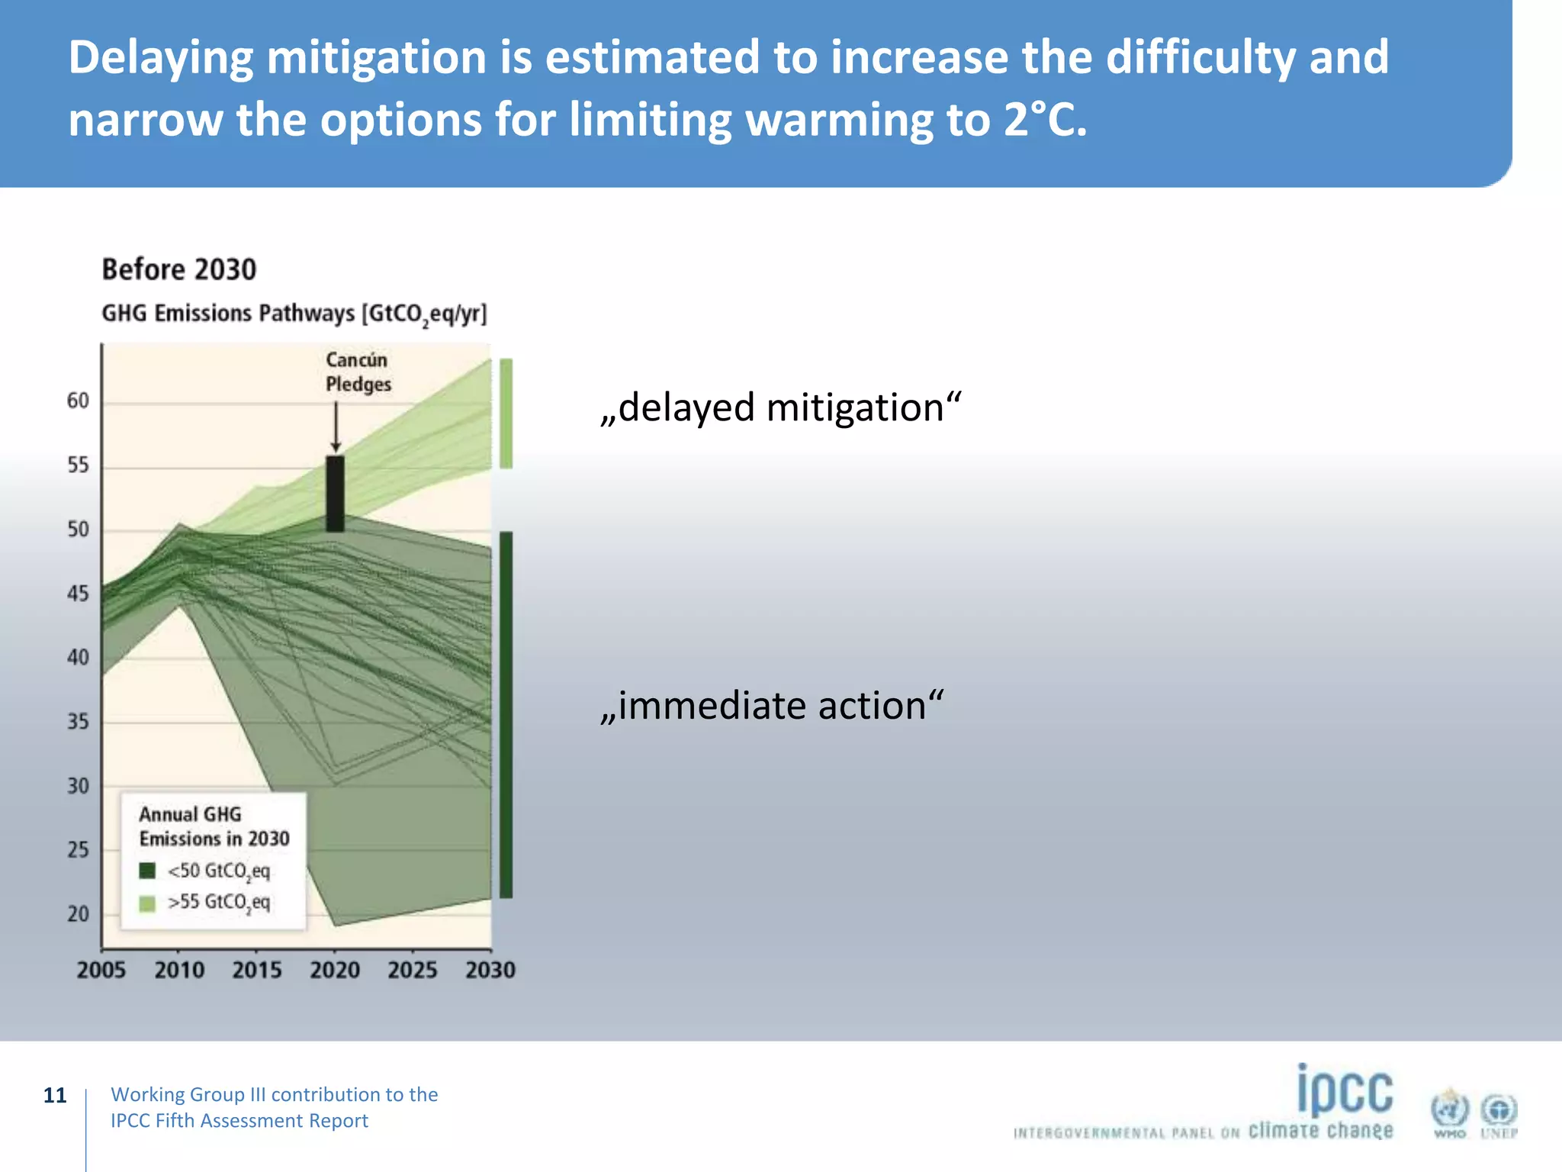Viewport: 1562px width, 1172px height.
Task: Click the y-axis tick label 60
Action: [x=78, y=401]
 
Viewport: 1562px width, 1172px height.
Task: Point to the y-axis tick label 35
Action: [x=78, y=721]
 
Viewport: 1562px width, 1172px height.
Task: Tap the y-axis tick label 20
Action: [x=78, y=913]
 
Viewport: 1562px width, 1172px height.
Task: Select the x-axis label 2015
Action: [x=257, y=970]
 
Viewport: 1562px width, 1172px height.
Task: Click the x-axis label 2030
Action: [x=490, y=970]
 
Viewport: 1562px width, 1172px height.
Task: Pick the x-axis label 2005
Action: [x=101, y=970]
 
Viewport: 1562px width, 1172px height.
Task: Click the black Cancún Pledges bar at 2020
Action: [x=335, y=494]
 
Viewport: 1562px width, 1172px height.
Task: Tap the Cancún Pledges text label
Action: [x=358, y=372]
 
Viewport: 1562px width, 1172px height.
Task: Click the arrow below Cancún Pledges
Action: [x=336, y=427]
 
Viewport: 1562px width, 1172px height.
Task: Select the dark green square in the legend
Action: [x=147, y=871]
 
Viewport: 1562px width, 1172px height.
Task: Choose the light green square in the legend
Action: [x=147, y=903]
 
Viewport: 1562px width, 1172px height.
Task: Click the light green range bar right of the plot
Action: [x=506, y=413]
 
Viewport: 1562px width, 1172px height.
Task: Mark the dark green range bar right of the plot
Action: [x=506, y=714]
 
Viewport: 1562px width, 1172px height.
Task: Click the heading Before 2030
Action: [x=179, y=269]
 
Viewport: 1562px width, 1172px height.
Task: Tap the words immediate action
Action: [x=772, y=705]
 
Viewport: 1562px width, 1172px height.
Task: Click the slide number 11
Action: [x=55, y=1096]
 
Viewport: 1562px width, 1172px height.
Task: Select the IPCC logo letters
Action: [x=1345, y=1091]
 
